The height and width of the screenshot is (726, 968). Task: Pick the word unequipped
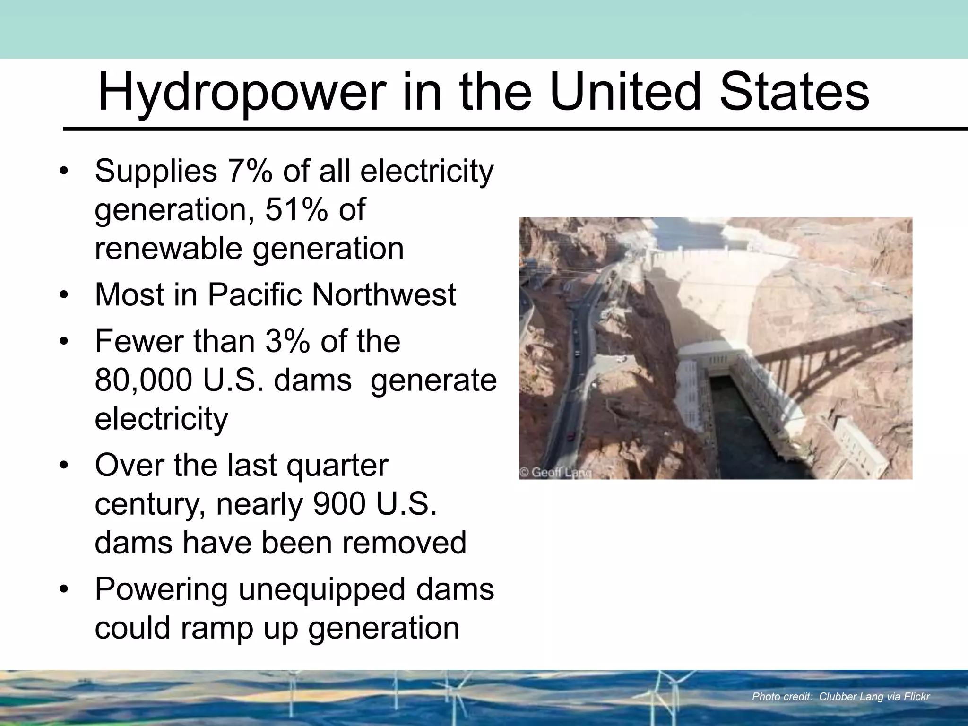(322, 590)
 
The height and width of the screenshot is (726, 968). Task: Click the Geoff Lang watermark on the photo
(555, 472)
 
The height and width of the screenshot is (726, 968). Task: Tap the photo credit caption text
(841, 696)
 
